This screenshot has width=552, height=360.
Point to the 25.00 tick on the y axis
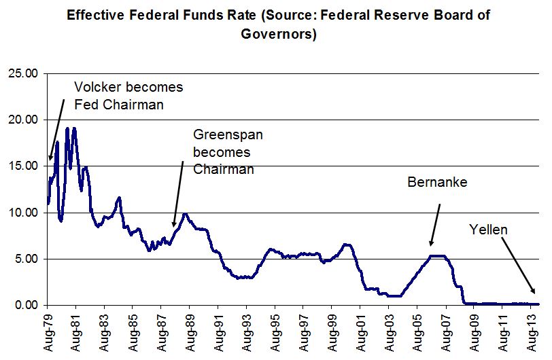23,73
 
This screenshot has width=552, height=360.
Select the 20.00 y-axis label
23,120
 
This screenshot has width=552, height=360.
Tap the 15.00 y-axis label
23,166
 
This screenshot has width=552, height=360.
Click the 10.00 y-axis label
23,213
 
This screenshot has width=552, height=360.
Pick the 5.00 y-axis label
26,259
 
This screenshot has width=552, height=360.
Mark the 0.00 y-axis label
26,305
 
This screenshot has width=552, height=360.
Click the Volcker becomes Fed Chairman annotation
128,96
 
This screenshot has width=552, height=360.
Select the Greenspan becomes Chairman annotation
228,151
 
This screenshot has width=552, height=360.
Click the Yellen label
488,230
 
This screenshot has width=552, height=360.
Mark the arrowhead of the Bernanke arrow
430,245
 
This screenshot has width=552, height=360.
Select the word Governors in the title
279,34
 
